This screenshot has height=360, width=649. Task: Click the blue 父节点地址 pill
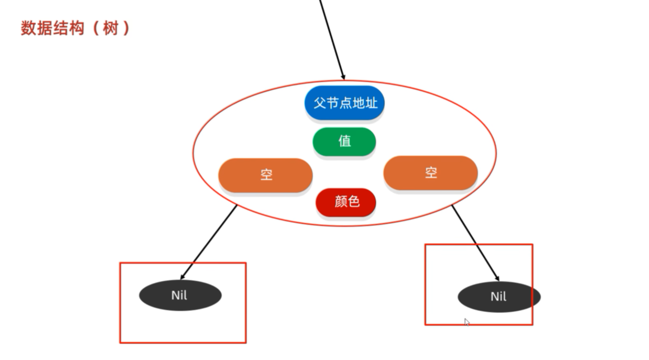[x=344, y=103]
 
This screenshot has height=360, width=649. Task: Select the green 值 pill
[x=344, y=141]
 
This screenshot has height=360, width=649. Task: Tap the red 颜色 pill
[x=346, y=202]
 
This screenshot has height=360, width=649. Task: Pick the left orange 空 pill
[x=265, y=175]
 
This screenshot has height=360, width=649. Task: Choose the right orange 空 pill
[x=430, y=173]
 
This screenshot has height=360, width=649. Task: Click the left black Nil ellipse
[x=180, y=295]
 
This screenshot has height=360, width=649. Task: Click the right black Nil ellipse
[x=499, y=297]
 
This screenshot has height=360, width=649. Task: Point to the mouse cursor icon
[x=467, y=322]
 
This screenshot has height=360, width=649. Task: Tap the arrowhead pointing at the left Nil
[x=183, y=277]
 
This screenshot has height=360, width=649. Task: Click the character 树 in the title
[x=111, y=29]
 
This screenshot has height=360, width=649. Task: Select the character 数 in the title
[x=29, y=29]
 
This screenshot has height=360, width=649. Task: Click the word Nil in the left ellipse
[x=179, y=295]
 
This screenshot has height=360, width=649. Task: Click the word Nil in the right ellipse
[x=498, y=297]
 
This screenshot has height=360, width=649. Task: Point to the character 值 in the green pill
[x=345, y=141]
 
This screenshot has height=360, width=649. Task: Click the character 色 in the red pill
[x=353, y=202]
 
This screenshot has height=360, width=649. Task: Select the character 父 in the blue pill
[x=319, y=103]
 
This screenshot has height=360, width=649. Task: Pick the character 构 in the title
[x=76, y=29]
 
